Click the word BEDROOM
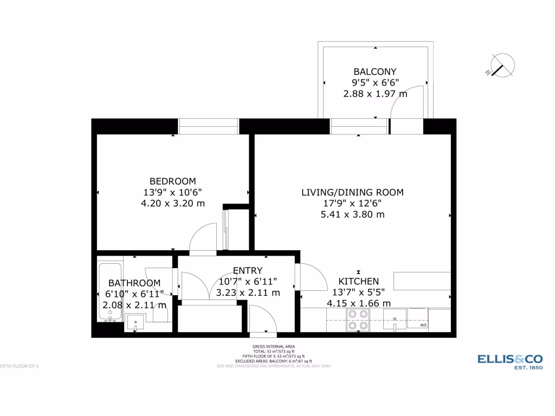pyautogui.click(x=173, y=181)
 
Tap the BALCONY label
pyautogui.click(x=375, y=71)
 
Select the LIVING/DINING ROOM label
pyautogui.click(x=352, y=192)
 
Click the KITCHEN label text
pyautogui.click(x=358, y=281)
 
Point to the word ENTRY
pyautogui.click(x=248, y=270)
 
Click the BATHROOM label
pyautogui.click(x=134, y=283)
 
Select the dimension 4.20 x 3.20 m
pyautogui.click(x=173, y=203)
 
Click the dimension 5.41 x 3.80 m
pyautogui.click(x=352, y=214)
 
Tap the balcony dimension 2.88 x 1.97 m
pyautogui.click(x=375, y=94)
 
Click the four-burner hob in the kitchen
pyautogui.click(x=358, y=320)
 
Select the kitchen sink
pyautogui.click(x=395, y=320)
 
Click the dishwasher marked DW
pyautogui.click(x=418, y=320)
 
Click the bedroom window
pyautogui.click(x=209, y=126)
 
